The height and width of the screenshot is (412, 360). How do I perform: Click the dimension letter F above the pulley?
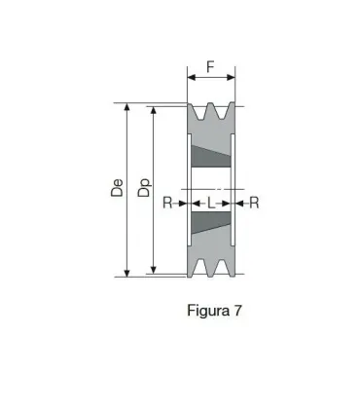(x=211, y=68)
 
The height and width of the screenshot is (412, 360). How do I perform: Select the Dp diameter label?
(x=143, y=189)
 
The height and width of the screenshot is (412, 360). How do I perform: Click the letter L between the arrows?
(x=211, y=203)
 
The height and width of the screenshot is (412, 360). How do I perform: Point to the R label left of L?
(x=167, y=203)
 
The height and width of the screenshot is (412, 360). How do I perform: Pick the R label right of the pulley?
(x=254, y=203)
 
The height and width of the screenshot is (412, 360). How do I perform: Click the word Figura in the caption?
(x=204, y=312)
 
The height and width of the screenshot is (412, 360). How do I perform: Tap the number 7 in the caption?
(x=236, y=312)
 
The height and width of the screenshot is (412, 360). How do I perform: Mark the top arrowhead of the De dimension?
(x=126, y=108)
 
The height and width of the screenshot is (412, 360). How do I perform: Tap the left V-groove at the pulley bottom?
(x=202, y=268)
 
